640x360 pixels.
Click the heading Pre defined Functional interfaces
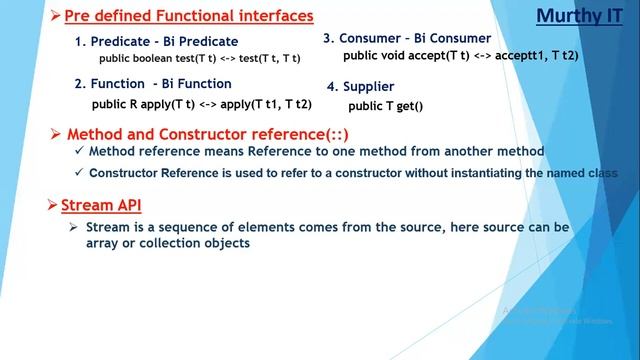[x=189, y=16]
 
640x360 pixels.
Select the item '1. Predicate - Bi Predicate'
[x=157, y=41]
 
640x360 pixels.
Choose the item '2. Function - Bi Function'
[x=153, y=84]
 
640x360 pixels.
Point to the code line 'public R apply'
[x=201, y=103]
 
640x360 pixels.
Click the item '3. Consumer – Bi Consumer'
[x=407, y=38]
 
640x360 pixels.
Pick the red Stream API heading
[x=101, y=206]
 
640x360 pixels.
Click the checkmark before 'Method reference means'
[x=79, y=151]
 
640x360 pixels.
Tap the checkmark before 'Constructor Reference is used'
[x=79, y=173]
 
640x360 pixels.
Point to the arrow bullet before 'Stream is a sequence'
[x=74, y=228]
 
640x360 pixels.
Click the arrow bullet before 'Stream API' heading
[x=54, y=206]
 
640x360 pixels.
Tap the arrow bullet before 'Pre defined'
[x=56, y=16]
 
